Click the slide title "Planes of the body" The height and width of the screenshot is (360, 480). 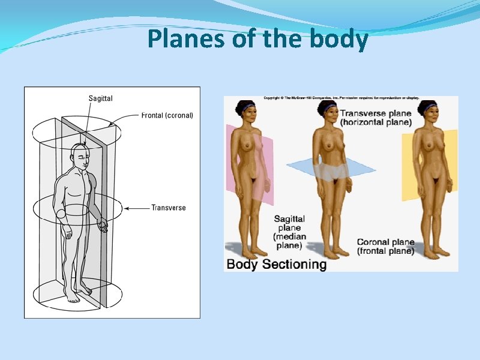(257, 40)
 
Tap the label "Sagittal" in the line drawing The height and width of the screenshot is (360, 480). (100, 98)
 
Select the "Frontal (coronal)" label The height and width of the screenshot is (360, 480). (167, 115)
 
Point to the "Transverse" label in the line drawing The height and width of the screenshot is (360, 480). (169, 208)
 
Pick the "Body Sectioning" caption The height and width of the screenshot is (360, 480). (276, 264)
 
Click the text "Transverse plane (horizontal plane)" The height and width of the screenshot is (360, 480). (376, 118)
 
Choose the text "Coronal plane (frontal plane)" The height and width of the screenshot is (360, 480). (386, 247)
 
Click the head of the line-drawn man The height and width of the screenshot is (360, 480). (80, 157)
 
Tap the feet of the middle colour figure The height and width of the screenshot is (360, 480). (333, 251)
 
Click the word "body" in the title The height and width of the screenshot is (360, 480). (339, 40)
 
